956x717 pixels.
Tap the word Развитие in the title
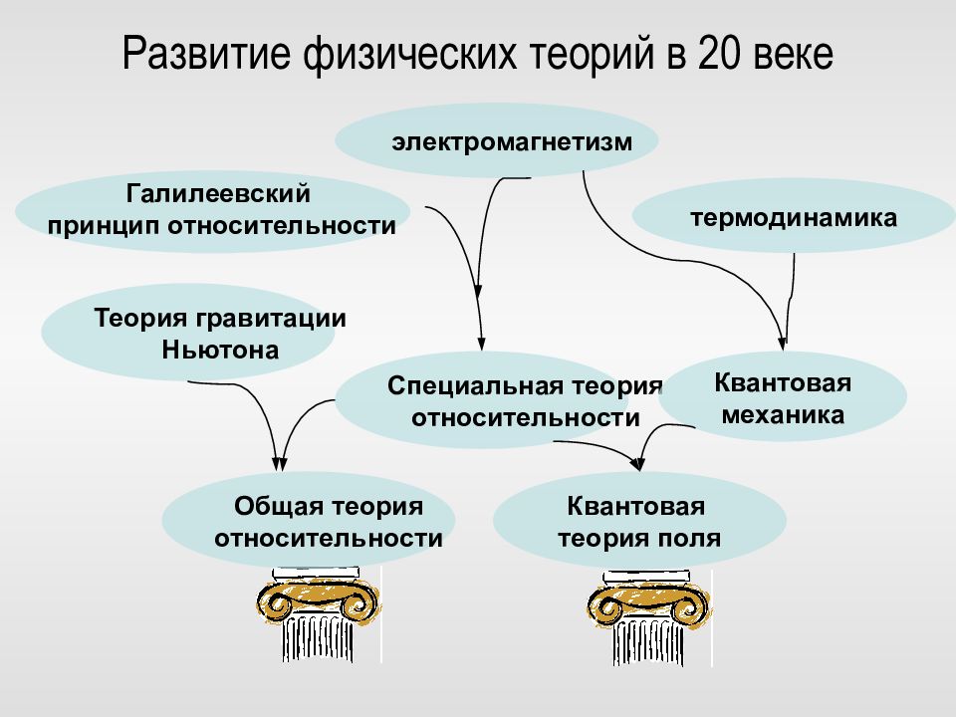point(206,54)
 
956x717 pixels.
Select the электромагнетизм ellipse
point(497,140)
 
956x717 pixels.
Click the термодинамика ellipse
point(794,216)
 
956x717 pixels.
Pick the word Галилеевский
point(218,194)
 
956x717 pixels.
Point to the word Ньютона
point(220,350)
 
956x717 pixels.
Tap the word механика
point(783,415)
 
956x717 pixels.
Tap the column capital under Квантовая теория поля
point(648,602)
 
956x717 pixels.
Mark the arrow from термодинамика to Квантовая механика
point(790,299)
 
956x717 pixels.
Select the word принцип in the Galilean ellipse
point(105,227)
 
